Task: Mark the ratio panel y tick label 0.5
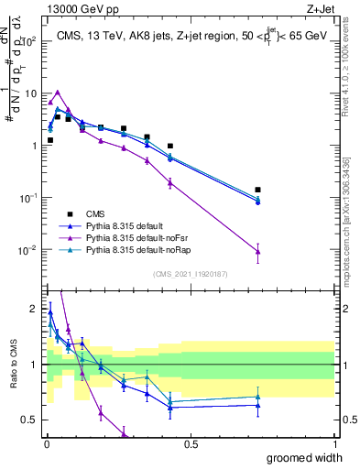(x=30, y=420)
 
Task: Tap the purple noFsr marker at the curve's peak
(x=58, y=92)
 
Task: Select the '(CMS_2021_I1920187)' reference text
(x=191, y=272)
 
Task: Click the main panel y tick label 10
(x=30, y=93)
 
